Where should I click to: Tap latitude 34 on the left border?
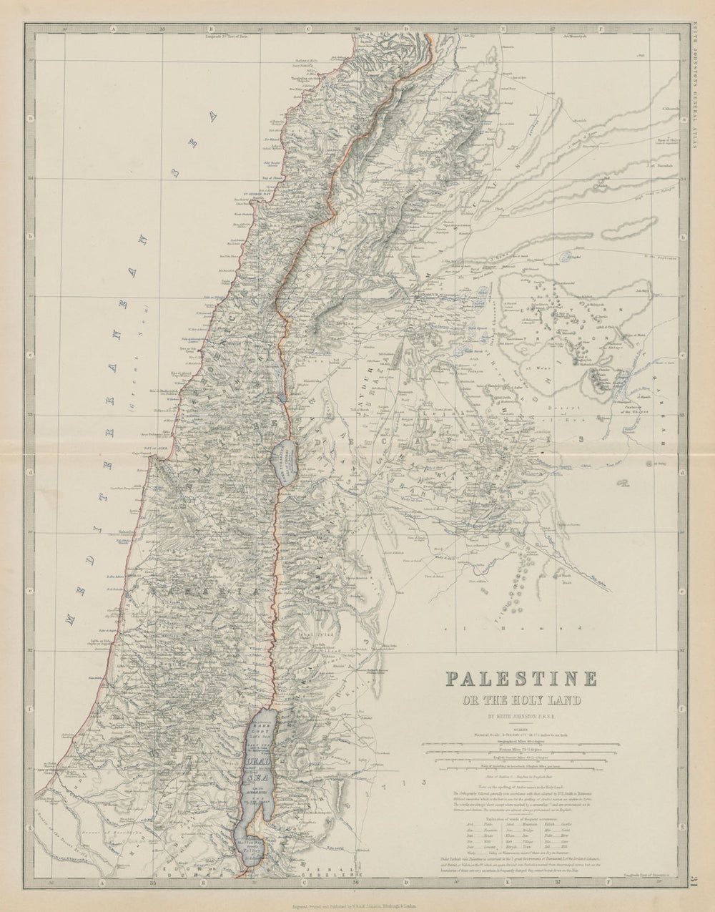click(29, 179)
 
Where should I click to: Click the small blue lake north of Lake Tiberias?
click(284, 394)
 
